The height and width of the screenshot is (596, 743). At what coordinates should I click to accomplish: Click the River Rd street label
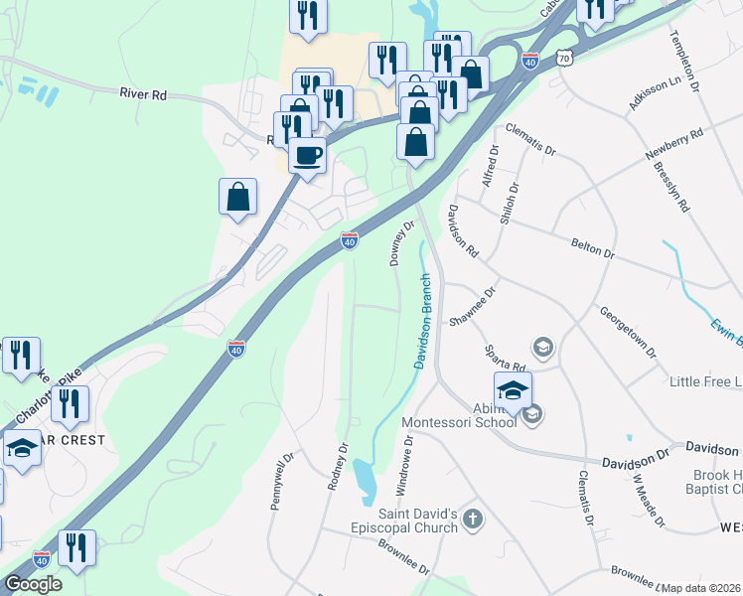pyautogui.click(x=142, y=94)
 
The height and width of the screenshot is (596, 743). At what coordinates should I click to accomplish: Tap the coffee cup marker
pyautogui.click(x=308, y=156)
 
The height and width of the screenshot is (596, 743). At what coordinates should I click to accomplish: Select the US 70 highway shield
pyautogui.click(x=565, y=60)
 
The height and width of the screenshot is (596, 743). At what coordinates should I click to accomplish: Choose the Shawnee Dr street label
pyautogui.click(x=473, y=306)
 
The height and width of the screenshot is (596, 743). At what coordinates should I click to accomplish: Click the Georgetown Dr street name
pyautogui.click(x=628, y=331)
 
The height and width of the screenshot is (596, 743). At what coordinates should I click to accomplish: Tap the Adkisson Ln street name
pyautogui.click(x=652, y=91)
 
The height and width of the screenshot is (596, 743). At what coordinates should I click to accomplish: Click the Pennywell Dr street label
pyautogui.click(x=281, y=482)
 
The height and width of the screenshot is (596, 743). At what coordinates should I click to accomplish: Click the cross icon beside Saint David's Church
pyautogui.click(x=473, y=518)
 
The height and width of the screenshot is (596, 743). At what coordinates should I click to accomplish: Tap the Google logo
pyautogui.click(x=33, y=584)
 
